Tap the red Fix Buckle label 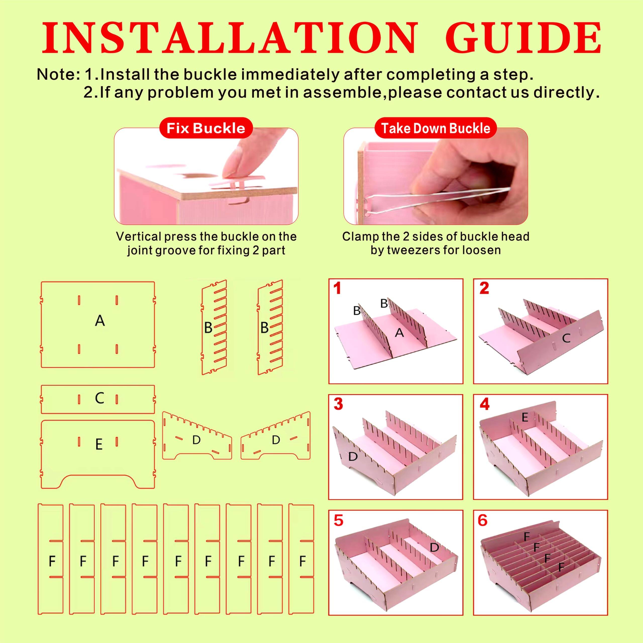206,128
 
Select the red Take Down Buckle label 435,128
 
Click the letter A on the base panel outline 100,321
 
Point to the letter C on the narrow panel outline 99,398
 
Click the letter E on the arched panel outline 99,445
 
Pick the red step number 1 338,288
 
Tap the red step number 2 484,288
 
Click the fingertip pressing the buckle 233,170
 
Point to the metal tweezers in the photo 436,200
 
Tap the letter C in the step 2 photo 566,339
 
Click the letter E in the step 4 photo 525,417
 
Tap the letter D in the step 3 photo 353,456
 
